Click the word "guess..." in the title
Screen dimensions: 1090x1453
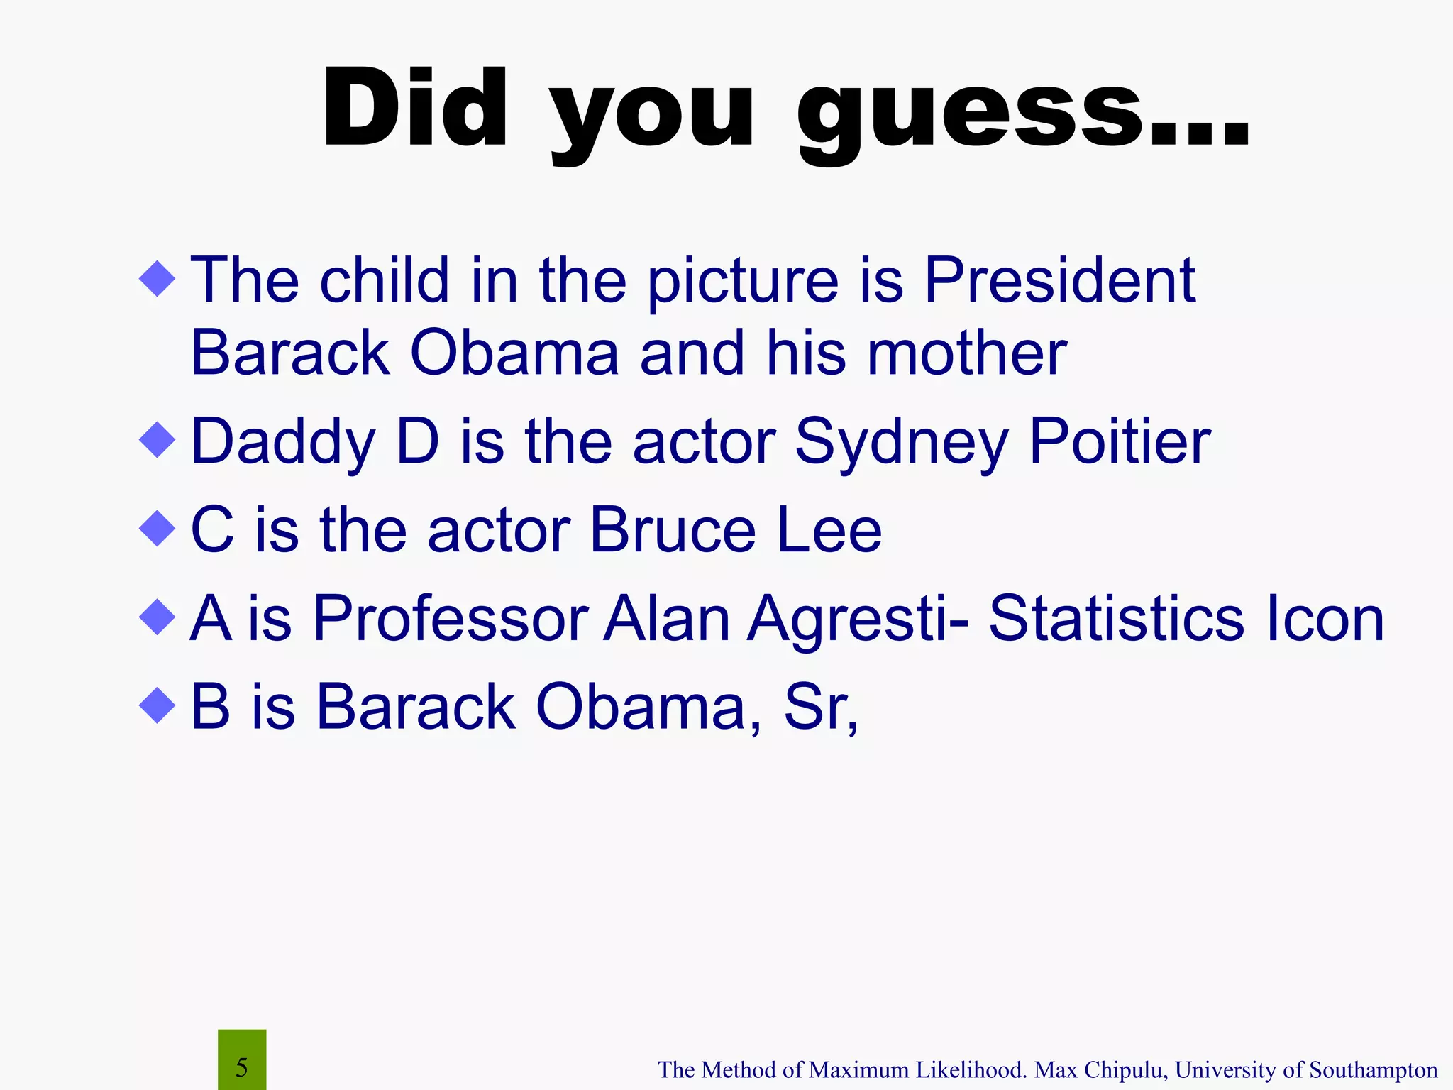[x=1022, y=114]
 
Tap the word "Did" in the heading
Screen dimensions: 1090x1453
[x=415, y=110]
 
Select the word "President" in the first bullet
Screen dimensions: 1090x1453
[x=1060, y=281]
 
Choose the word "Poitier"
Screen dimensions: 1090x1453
[x=1120, y=441]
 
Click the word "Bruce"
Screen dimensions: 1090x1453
[x=673, y=530]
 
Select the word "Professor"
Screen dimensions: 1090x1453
[x=451, y=619]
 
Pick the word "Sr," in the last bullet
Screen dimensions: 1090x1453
[x=821, y=707]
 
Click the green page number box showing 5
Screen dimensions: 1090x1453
[x=242, y=1059]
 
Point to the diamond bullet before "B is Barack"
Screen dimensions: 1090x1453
[x=158, y=705]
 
